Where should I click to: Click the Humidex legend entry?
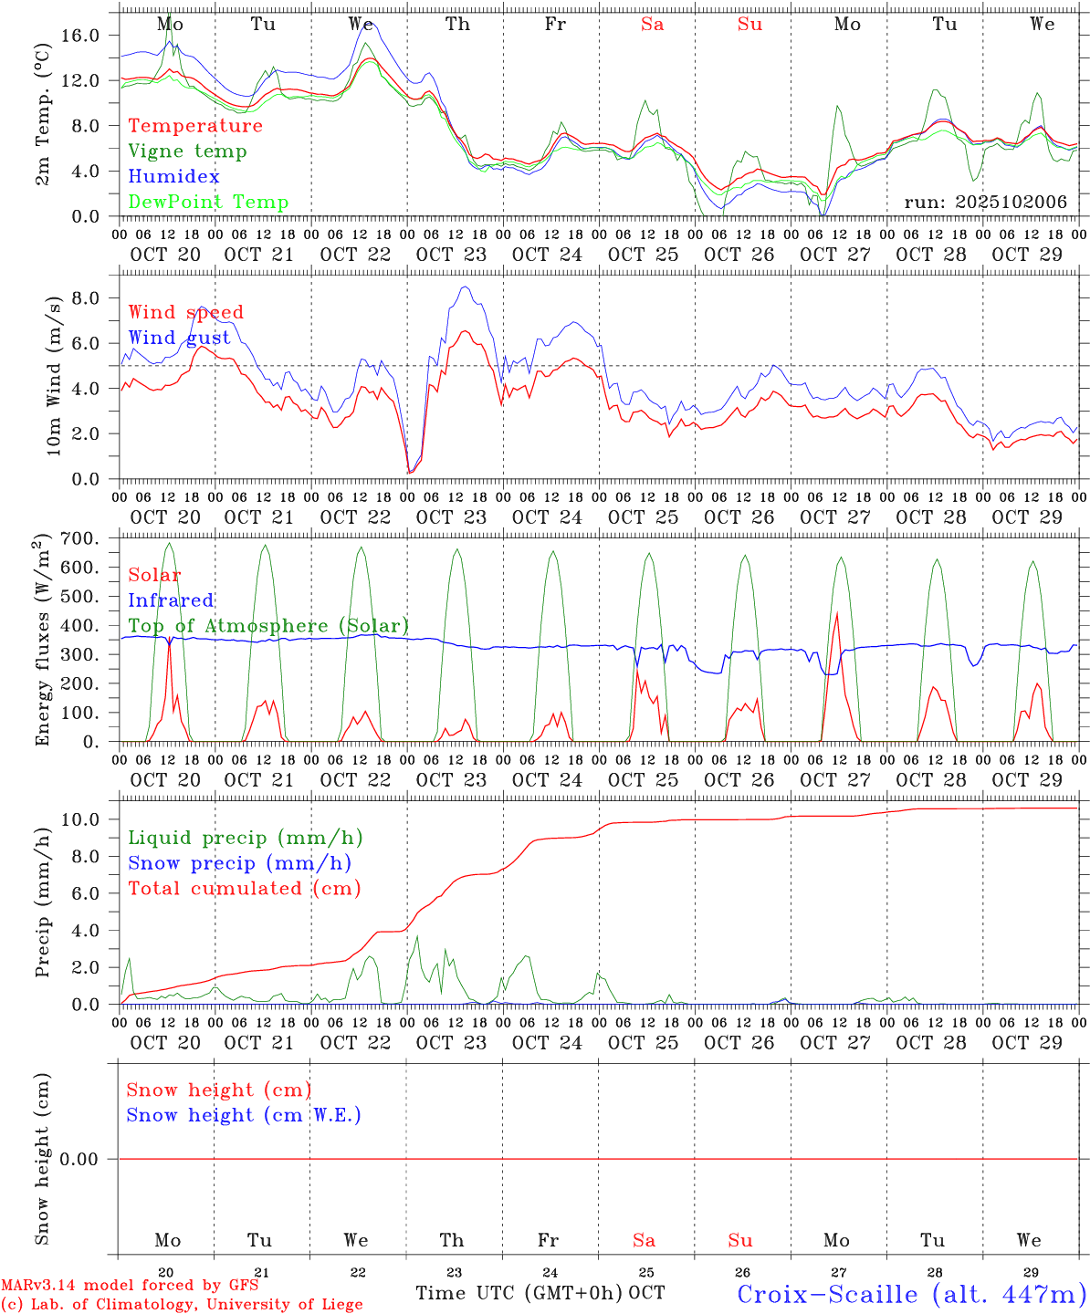[173, 176]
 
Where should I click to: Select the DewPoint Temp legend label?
[208, 202]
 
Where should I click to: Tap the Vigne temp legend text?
[187, 151]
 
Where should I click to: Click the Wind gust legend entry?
[179, 338]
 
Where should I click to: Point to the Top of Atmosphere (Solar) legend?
[268, 626]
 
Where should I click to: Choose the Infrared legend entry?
[171, 600]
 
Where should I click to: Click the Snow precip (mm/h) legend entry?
[239, 863]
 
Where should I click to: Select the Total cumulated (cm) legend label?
[244, 888]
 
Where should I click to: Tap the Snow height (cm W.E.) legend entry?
[243, 1115]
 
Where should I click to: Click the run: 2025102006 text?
[985, 202]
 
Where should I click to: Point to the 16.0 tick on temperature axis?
[91, 35]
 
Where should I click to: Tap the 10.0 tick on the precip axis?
[91, 819]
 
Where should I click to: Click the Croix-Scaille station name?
[911, 1294]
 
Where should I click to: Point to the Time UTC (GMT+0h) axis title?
[519, 1293]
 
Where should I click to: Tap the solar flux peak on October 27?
[837, 612]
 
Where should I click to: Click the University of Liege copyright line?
[182, 1304]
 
